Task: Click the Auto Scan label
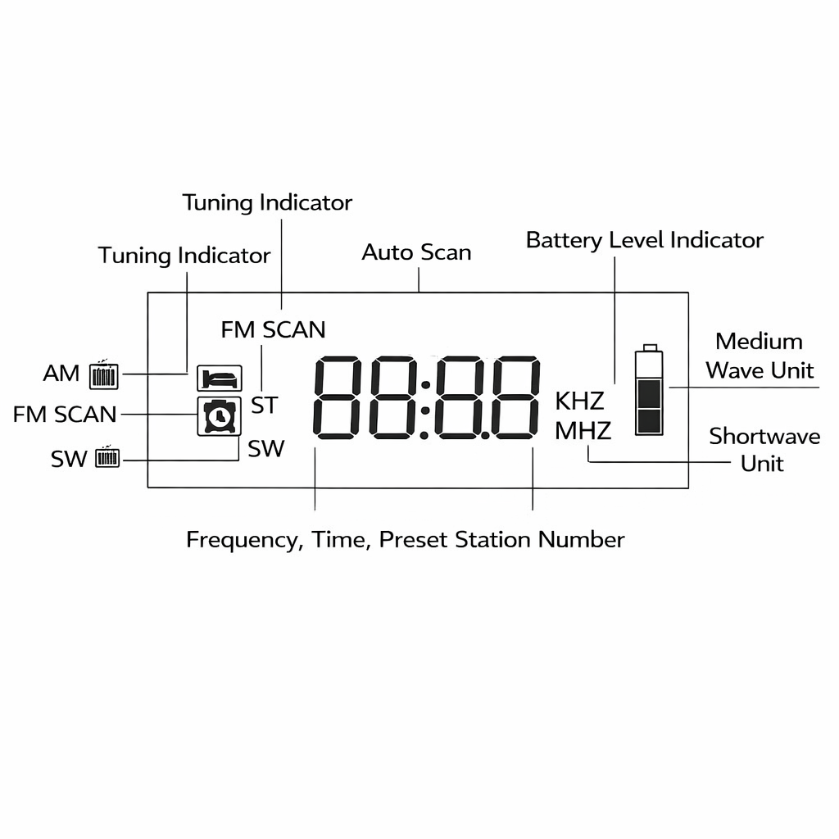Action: (416, 252)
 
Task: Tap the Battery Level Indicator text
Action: (644, 240)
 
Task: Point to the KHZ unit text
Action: (579, 401)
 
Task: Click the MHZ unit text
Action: (583, 430)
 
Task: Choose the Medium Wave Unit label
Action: (759, 356)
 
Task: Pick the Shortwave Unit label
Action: (764, 449)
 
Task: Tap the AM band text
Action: (61, 374)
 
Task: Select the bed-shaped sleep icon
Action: (220, 378)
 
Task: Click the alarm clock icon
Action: (219, 416)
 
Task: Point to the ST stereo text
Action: (264, 405)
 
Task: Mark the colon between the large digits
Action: (426, 397)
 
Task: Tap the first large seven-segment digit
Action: (338, 397)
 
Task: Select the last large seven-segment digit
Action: (515, 397)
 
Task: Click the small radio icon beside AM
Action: (103, 374)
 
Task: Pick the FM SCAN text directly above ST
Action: (273, 329)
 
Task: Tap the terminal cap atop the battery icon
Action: (650, 347)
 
